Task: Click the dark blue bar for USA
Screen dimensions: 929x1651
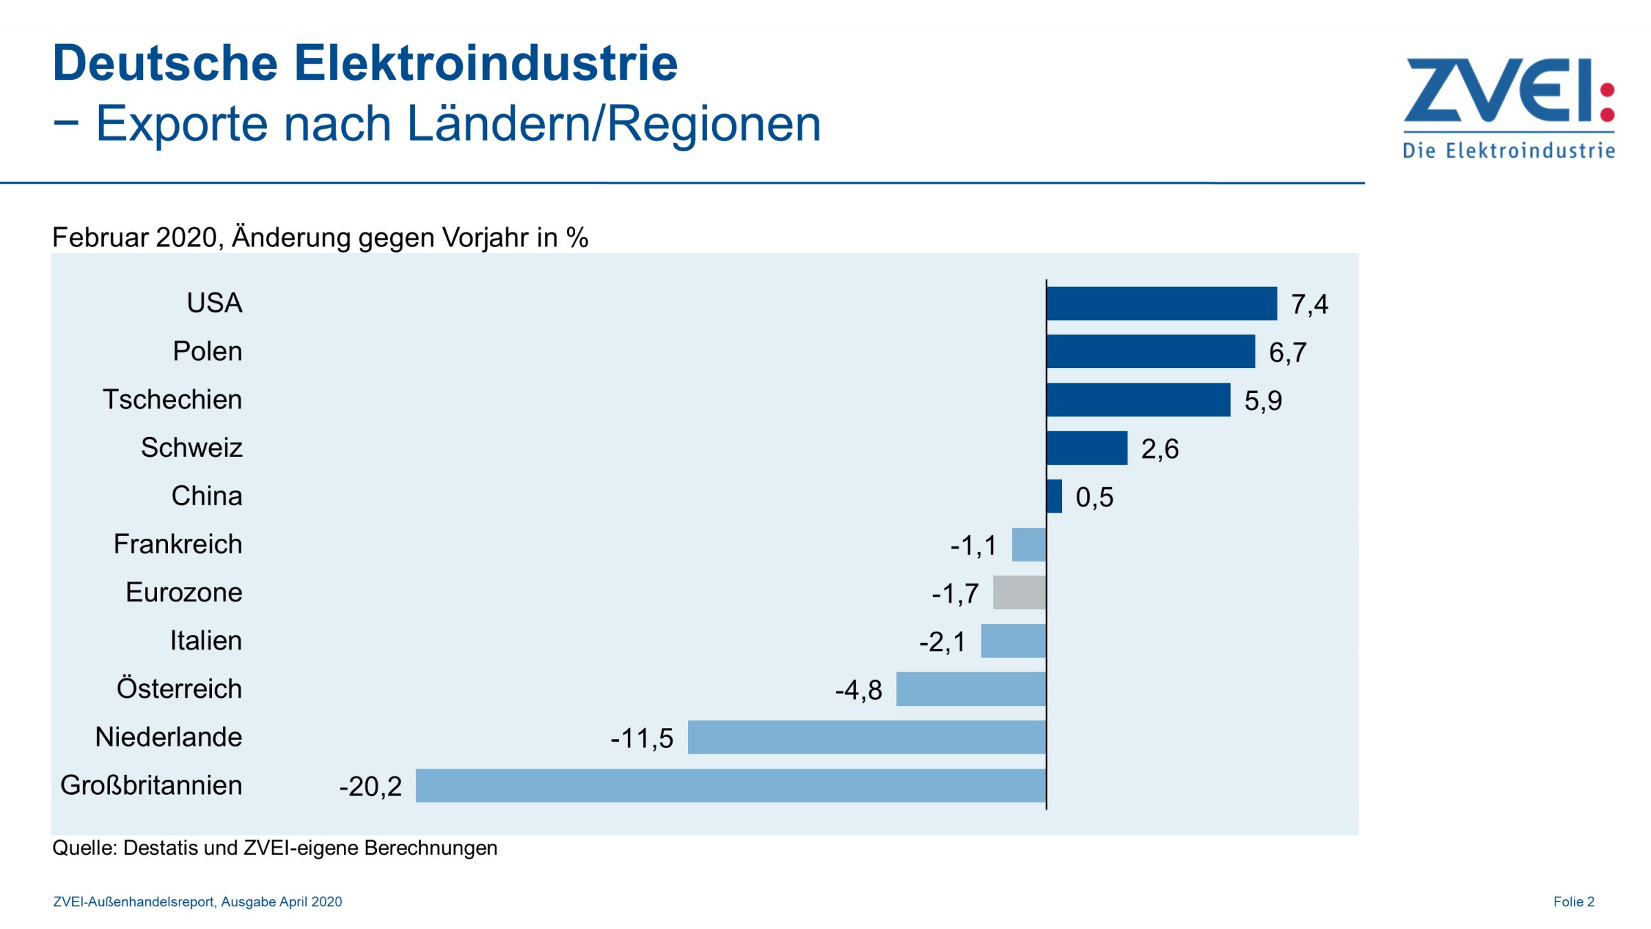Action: [1161, 303]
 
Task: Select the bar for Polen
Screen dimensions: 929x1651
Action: [1150, 352]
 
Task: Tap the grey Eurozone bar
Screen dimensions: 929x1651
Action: [1019, 592]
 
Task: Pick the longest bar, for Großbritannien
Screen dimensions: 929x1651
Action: [731, 785]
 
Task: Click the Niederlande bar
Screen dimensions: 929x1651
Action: [867, 737]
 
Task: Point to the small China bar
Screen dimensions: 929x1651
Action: [1055, 496]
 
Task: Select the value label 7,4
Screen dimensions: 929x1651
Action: [1309, 304]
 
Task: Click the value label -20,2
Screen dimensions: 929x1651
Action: [370, 787]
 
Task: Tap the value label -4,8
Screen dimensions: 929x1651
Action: [859, 690]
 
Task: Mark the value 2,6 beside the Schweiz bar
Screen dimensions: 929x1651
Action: [1160, 449]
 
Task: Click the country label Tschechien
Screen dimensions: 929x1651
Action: [173, 400]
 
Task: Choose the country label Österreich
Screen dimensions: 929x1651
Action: [180, 689]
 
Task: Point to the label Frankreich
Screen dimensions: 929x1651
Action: [178, 544]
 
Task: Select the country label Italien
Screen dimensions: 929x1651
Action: [206, 641]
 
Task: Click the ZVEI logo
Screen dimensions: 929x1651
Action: [1509, 107]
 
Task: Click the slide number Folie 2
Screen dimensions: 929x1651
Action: [1573, 901]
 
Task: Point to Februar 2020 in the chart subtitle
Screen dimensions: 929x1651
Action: [135, 237]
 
